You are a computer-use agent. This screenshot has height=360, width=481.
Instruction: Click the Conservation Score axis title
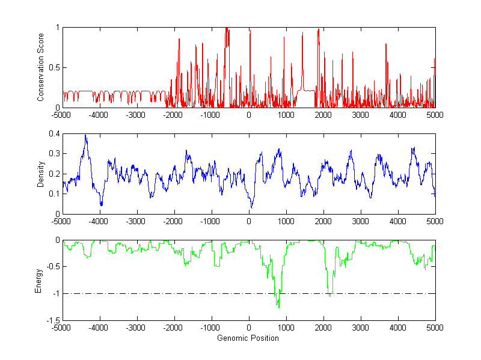tap(40, 67)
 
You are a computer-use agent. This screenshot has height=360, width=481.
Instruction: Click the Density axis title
tap(40, 174)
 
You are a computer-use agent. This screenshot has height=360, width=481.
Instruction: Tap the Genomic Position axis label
tap(248, 338)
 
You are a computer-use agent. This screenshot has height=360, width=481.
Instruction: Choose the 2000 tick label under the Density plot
tap(323, 221)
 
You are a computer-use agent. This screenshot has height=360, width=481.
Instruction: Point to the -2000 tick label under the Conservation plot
tap(173, 114)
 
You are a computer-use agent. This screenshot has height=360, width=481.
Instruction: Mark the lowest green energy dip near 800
tap(278, 307)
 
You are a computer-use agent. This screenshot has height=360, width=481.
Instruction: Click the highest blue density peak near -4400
tap(85, 136)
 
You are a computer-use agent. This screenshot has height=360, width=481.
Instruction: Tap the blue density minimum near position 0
tap(251, 207)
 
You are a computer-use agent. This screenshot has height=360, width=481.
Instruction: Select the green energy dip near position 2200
tap(330, 296)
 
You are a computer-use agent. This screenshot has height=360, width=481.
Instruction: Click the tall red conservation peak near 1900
tap(318, 30)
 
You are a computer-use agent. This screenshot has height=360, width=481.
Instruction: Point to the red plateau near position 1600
tap(307, 91)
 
